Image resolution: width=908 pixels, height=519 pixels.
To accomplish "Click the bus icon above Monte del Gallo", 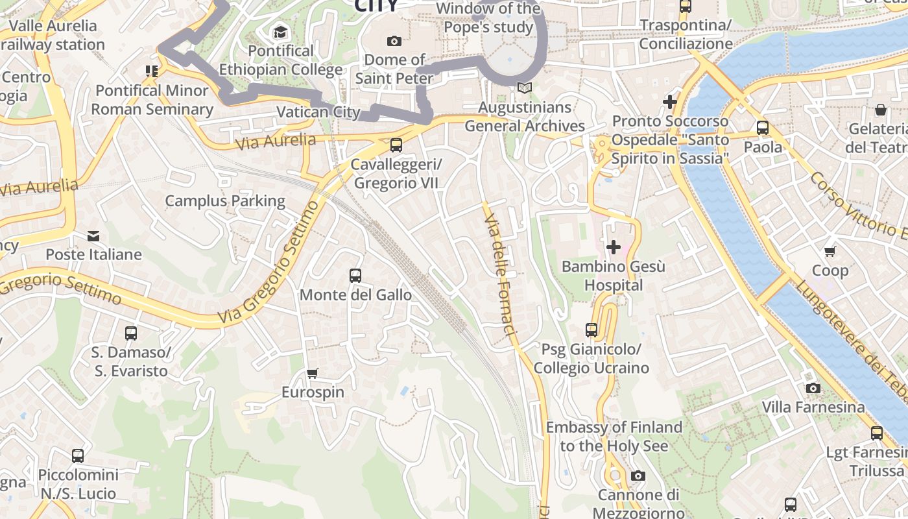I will pyautogui.click(x=355, y=275).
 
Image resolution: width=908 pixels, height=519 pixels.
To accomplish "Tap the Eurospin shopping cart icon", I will pyautogui.click(x=313, y=373).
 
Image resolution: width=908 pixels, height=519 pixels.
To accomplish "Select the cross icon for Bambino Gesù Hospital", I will pyautogui.click(x=613, y=247).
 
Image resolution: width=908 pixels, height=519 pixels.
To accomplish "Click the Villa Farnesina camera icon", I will pyautogui.click(x=813, y=388).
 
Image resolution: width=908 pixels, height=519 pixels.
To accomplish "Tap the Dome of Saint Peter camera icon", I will pyautogui.click(x=394, y=41).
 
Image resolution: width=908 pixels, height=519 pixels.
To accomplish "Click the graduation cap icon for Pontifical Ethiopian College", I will pyautogui.click(x=280, y=32).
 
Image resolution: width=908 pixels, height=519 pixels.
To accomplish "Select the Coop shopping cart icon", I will pyautogui.click(x=830, y=251).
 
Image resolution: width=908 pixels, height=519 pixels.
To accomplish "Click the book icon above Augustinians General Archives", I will pyautogui.click(x=524, y=88).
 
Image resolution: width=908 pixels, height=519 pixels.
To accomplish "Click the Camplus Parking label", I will pyautogui.click(x=225, y=201).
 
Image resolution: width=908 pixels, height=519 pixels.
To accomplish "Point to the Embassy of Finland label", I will pyautogui.click(x=614, y=436).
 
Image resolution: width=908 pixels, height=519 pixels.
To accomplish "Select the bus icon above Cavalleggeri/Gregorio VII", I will pyautogui.click(x=396, y=145).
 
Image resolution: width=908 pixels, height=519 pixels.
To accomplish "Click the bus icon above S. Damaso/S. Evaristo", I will pyautogui.click(x=130, y=333).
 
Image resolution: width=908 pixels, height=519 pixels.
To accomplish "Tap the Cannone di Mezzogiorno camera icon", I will pyautogui.click(x=638, y=476).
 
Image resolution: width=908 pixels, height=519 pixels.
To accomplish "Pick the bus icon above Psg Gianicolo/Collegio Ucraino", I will pyautogui.click(x=591, y=330).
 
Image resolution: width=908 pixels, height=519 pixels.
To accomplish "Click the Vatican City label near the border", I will pyautogui.click(x=318, y=112).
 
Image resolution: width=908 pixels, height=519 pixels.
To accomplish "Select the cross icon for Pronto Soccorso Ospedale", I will pyautogui.click(x=670, y=102).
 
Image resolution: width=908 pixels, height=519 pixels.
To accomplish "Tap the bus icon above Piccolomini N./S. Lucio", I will pyautogui.click(x=78, y=455).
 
